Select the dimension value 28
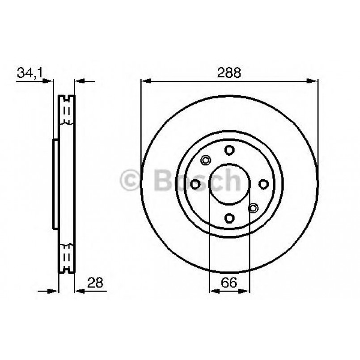[96, 282]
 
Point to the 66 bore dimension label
[229, 282]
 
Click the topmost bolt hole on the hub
[229, 150]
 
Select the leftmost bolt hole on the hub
[195, 184]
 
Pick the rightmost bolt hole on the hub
[263, 184]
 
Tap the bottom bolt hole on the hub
[229, 218]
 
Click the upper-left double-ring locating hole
[206, 160]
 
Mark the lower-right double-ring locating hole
[253, 208]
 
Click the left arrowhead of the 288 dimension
[144, 81]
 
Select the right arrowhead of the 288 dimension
[314, 81]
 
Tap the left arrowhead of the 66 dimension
[213, 291]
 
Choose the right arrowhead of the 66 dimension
[246, 291]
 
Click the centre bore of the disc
[229, 184]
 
